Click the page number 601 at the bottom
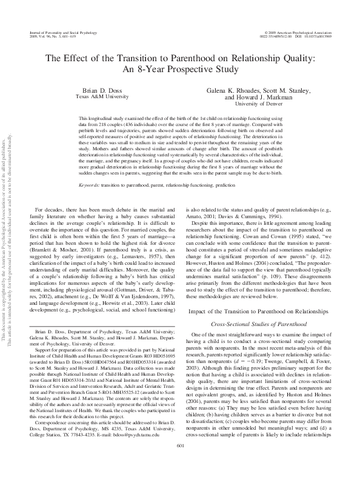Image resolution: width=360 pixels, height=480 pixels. [180, 463]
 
